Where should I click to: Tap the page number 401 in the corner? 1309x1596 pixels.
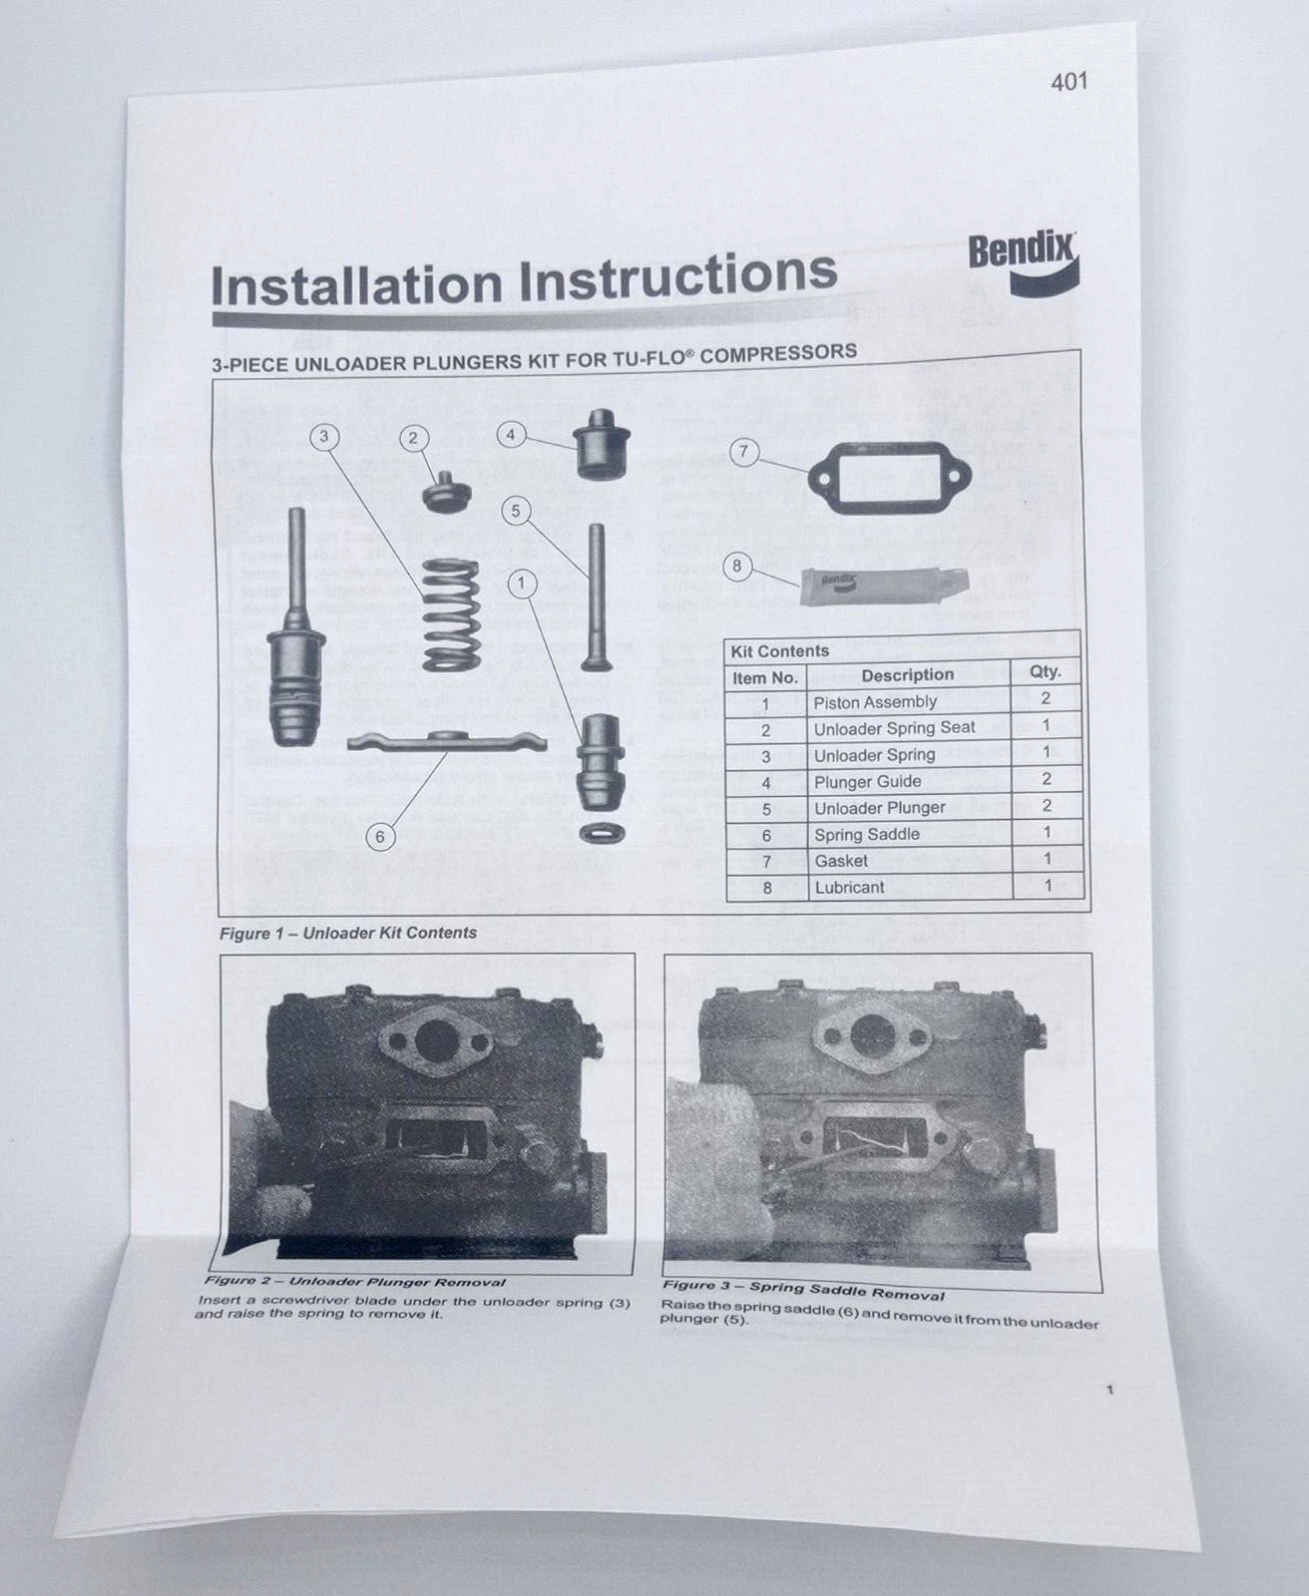[x=1069, y=82]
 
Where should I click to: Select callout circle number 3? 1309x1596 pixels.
[x=324, y=436]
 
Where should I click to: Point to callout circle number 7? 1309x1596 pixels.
[x=743, y=452]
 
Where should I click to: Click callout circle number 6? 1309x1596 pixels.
[x=379, y=836]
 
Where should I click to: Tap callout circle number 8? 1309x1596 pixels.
[x=737, y=568]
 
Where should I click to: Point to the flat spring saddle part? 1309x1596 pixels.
[x=446, y=741]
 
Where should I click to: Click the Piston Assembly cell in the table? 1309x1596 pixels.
[x=875, y=702]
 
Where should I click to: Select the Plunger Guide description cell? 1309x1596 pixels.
[x=867, y=782]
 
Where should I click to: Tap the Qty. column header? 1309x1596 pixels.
[x=1045, y=671]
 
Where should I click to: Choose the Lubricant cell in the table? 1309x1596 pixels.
[x=849, y=887]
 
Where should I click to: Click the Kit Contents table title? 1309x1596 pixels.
[x=779, y=651]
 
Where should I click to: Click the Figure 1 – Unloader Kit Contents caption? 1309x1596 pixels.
[x=348, y=933]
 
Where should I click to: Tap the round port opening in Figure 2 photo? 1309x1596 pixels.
[x=434, y=1041]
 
